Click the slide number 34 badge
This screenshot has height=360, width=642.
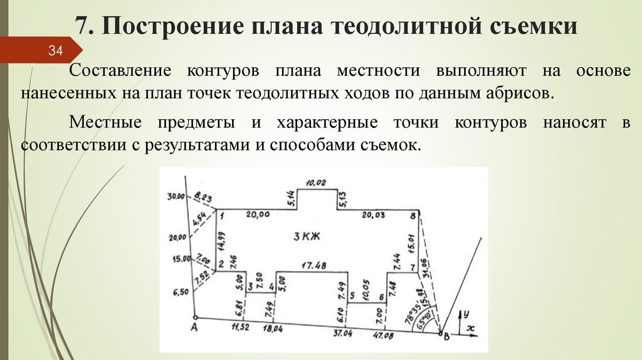coord(56,51)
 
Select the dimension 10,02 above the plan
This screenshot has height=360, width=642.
coord(317,183)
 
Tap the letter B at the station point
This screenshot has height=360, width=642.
coord(446,338)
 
